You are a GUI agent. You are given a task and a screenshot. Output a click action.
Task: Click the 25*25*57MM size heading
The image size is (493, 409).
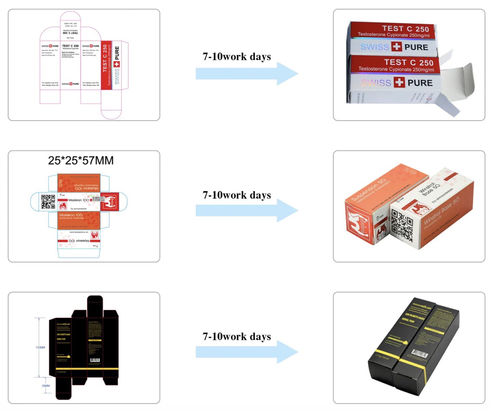[81, 160]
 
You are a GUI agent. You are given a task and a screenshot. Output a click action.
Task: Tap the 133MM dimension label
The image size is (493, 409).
[40, 347]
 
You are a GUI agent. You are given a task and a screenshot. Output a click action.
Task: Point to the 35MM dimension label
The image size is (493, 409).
[46, 386]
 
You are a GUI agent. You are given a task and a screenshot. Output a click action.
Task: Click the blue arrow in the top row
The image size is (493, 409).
[246, 74]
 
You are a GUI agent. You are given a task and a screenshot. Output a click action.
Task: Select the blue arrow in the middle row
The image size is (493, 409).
[246, 210]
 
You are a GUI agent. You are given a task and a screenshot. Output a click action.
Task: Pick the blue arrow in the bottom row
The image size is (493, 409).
[246, 352]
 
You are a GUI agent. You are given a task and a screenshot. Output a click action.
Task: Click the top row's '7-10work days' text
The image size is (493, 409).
[237, 56]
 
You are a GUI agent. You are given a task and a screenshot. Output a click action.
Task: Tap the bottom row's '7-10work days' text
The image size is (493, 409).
[237, 336]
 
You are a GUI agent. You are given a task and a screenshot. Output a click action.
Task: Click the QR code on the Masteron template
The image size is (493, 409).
[48, 202]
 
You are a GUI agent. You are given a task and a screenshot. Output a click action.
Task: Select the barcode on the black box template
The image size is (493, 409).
[95, 360]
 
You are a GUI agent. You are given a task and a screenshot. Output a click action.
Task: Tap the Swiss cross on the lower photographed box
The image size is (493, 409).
[399, 82]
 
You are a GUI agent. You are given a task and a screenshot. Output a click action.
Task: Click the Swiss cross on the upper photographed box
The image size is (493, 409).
[397, 46]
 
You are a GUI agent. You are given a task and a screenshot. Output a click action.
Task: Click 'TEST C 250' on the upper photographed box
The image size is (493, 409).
[405, 29]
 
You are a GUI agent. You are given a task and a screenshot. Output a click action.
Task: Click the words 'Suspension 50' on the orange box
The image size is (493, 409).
[368, 189]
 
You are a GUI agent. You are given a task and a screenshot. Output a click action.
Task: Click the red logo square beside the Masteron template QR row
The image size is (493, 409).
[109, 201]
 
